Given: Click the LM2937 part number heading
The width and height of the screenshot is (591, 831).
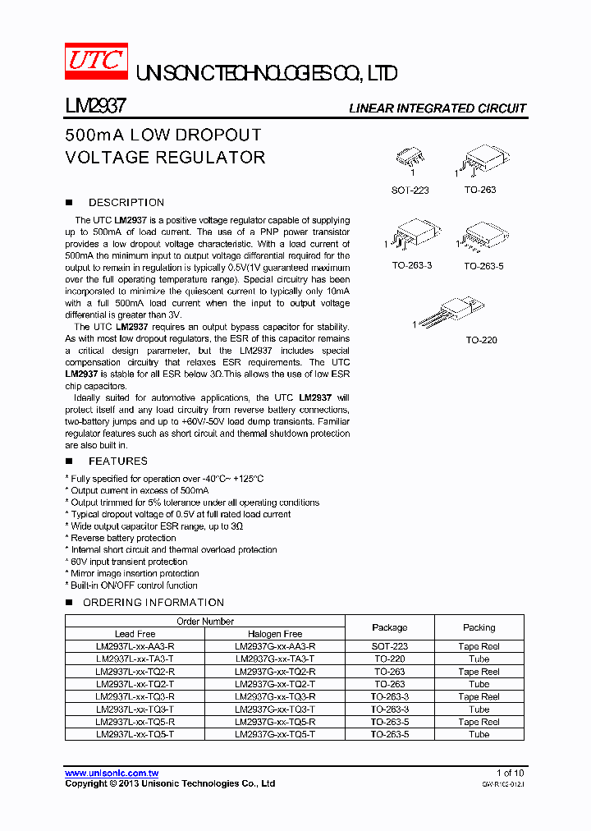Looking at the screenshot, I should tap(94, 107).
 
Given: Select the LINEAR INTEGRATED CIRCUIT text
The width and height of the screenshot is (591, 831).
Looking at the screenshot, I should tap(437, 108).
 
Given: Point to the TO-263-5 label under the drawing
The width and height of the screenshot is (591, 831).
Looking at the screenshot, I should tap(483, 266).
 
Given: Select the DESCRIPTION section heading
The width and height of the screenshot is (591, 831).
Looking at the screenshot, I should tap(126, 202).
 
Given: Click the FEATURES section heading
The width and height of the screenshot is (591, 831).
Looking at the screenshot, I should tap(117, 461).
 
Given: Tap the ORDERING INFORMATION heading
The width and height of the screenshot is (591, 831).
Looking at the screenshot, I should tap(153, 602).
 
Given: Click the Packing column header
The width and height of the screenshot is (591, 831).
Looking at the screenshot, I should tap(479, 627).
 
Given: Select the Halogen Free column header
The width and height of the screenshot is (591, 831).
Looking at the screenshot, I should tap(275, 634).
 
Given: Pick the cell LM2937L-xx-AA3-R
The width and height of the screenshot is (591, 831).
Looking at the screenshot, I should tap(135, 646).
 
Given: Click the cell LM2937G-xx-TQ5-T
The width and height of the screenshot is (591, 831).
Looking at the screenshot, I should tap(275, 734).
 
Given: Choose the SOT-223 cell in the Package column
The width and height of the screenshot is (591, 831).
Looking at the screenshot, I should tap(389, 646).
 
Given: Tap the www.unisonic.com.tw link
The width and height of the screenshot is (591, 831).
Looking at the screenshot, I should tap(112, 774).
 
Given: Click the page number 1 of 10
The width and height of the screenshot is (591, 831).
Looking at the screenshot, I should tap(510, 774).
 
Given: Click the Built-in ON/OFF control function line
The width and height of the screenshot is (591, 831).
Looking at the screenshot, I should tap(134, 585).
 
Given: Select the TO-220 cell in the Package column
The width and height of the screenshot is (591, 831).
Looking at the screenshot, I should tap(389, 659).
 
